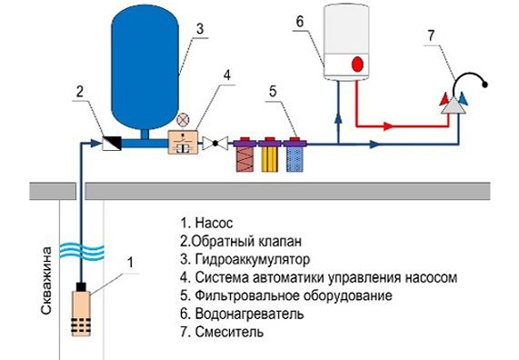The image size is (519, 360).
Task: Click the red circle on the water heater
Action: tap(357, 65)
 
